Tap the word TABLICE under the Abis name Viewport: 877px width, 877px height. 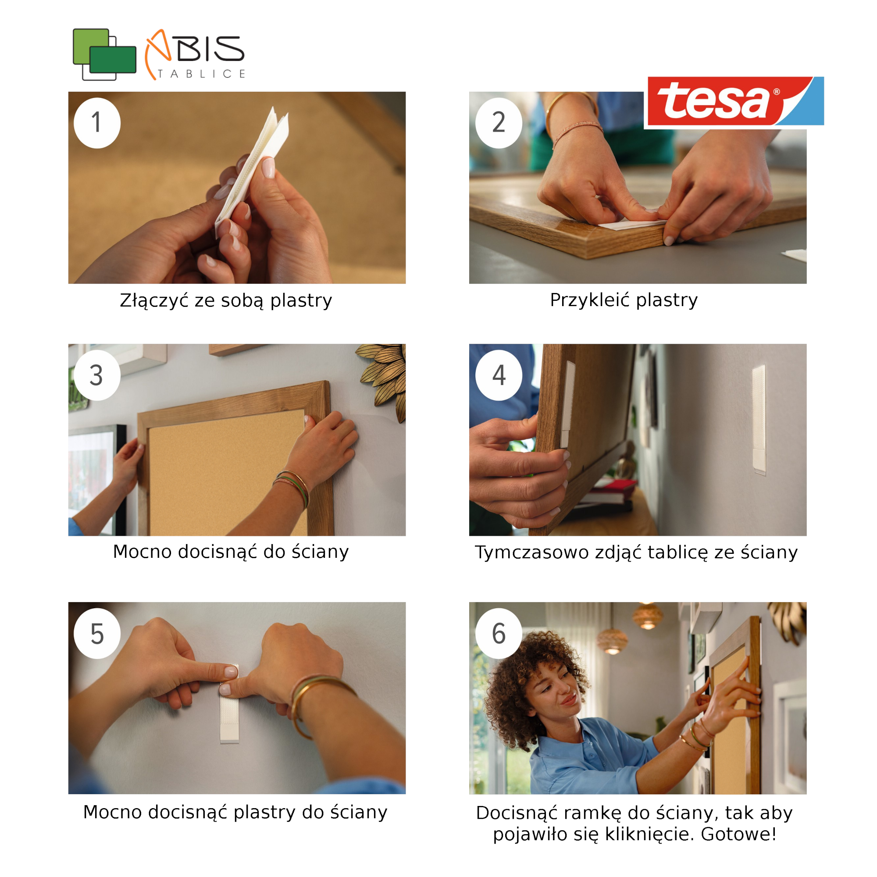pyautogui.click(x=202, y=74)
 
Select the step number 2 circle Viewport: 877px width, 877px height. pyautogui.click(x=499, y=123)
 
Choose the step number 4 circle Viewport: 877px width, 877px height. pyautogui.click(x=499, y=375)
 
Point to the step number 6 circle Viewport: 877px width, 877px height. pyautogui.click(x=499, y=634)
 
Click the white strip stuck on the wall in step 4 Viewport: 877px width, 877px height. pyautogui.click(x=759, y=420)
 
